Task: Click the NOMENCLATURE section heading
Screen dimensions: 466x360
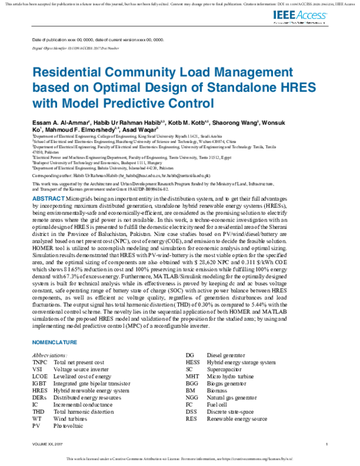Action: coord(55,342)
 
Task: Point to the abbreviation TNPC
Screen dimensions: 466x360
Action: coord(40,363)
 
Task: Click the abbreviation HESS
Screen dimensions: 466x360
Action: coord(193,363)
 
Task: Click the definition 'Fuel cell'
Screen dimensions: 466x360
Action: coord(218,404)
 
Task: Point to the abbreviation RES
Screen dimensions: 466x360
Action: coord(191,418)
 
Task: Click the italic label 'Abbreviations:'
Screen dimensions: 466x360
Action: coord(50,356)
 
